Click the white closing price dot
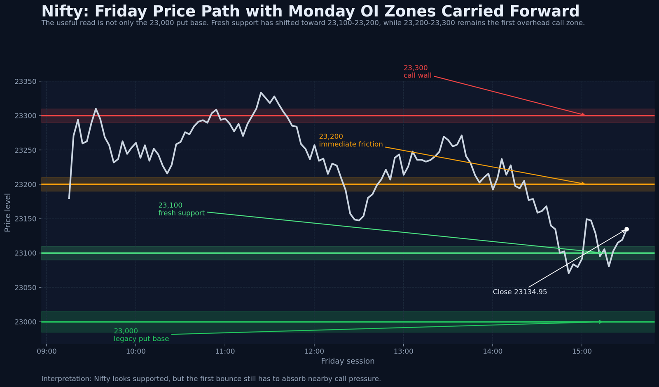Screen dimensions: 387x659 click(x=626, y=229)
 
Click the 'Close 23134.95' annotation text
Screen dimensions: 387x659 click(x=520, y=292)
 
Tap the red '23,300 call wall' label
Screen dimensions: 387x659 click(x=417, y=72)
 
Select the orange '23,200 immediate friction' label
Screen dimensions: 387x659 click(x=351, y=141)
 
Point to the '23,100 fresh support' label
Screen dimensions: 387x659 click(x=181, y=209)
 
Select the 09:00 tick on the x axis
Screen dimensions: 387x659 click(x=47, y=352)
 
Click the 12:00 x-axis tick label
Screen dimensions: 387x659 click(x=314, y=352)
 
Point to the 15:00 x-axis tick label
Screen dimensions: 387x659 click(x=582, y=352)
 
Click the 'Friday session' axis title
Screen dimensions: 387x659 click(x=348, y=361)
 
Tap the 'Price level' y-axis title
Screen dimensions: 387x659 click(x=7, y=212)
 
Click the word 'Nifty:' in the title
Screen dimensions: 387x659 click(x=65, y=12)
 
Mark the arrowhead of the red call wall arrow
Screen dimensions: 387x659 click(x=583, y=115)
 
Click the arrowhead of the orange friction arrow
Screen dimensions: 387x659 click(x=583, y=184)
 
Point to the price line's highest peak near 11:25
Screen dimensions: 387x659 click(x=261, y=93)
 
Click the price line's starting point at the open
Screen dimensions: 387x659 click(x=69, y=199)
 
